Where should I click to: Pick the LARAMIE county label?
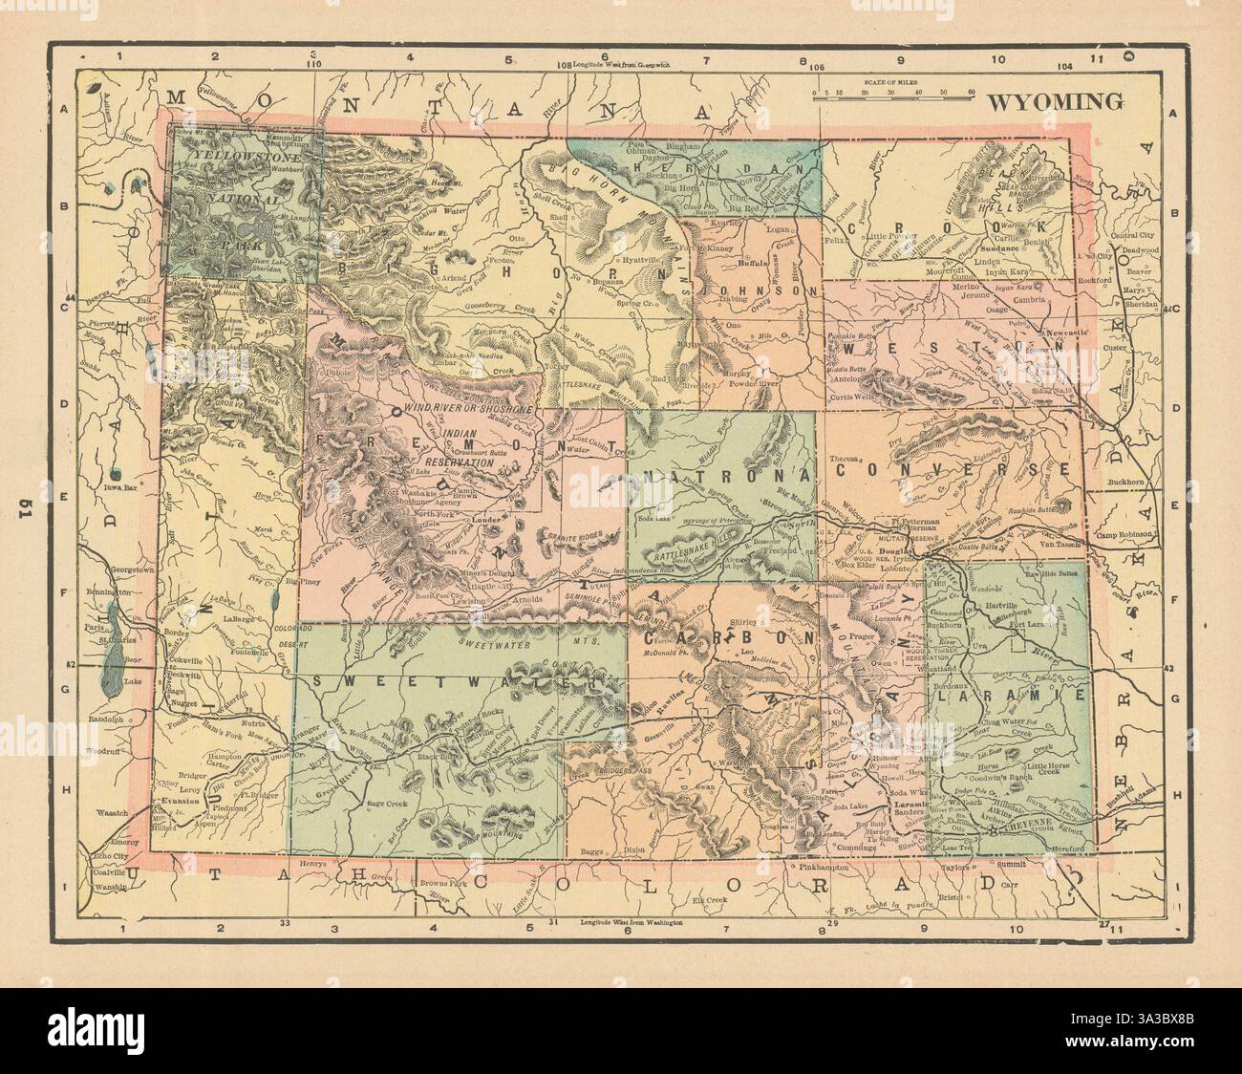[x=1012, y=698]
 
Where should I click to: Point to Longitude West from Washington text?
[x=632, y=923]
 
